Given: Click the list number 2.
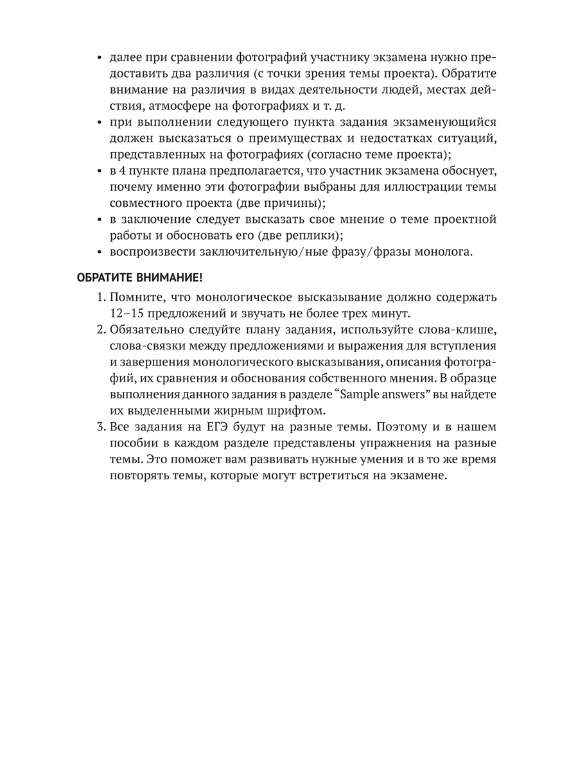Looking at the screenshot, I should [101, 330].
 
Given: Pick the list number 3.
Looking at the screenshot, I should [101, 427].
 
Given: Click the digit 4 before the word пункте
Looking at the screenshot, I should [122, 170].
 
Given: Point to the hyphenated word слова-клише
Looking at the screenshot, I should [459, 330].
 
